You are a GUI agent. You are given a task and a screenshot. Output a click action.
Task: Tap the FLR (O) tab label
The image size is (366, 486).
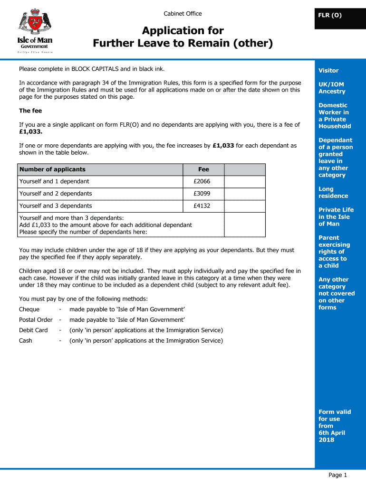click(x=330, y=15)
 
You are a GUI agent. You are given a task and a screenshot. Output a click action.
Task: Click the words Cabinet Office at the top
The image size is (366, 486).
click(x=183, y=14)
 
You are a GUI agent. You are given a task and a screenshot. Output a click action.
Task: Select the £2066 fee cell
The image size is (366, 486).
click(x=202, y=181)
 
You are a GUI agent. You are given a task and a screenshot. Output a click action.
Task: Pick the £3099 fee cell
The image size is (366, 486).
click(x=202, y=194)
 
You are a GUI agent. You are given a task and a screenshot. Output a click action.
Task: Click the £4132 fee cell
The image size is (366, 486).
click(x=202, y=206)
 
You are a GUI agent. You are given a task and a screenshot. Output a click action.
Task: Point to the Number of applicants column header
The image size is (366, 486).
click(x=52, y=169)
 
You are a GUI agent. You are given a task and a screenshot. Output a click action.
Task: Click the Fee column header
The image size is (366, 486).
click(x=203, y=169)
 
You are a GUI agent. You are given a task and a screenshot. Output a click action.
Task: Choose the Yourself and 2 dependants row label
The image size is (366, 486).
click(x=56, y=194)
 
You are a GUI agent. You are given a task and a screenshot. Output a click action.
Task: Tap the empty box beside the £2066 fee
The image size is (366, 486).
click(x=244, y=181)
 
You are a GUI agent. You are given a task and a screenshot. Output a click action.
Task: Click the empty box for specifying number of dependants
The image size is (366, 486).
click(x=244, y=224)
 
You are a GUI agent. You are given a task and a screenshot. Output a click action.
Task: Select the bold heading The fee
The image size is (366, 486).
click(x=30, y=111)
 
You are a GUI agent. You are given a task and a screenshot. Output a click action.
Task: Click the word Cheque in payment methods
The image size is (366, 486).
click(x=29, y=309)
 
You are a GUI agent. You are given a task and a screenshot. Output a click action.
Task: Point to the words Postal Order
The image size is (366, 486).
click(x=36, y=320)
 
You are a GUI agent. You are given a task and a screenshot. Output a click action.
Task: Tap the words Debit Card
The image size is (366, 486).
click(x=33, y=330)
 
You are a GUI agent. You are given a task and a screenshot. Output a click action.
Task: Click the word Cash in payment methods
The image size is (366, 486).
click(x=26, y=341)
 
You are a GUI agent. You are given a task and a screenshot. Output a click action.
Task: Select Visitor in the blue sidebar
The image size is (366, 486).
click(x=328, y=71)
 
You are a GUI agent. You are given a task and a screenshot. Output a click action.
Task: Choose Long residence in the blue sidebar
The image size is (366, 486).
click(x=333, y=193)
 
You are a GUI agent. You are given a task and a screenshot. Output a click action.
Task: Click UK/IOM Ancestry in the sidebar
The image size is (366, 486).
click(x=332, y=88)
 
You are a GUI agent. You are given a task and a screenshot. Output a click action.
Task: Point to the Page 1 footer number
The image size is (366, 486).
click(x=338, y=475)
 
